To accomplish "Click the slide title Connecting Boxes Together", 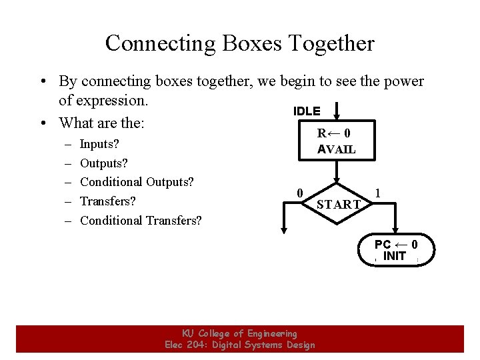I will (x=240, y=43).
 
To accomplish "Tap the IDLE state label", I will (x=307, y=111).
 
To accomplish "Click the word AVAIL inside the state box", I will (x=337, y=149).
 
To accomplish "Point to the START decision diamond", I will (x=338, y=203).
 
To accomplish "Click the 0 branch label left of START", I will (x=300, y=193).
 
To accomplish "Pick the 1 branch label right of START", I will (x=378, y=193).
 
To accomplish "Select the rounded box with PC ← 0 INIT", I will (x=396, y=250).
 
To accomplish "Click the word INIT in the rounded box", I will (x=395, y=256).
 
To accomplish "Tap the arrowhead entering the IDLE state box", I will (x=337, y=116).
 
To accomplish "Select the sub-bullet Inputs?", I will (x=99, y=144).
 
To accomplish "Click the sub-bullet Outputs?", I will (x=103, y=163).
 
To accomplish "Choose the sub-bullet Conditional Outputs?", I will (x=137, y=182).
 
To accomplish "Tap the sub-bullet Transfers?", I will (x=107, y=201).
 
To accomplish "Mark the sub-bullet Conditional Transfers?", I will (x=141, y=221).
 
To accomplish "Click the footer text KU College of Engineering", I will (x=240, y=333).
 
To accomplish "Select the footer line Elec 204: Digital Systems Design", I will (x=240, y=345).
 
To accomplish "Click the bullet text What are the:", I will (x=102, y=123).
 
